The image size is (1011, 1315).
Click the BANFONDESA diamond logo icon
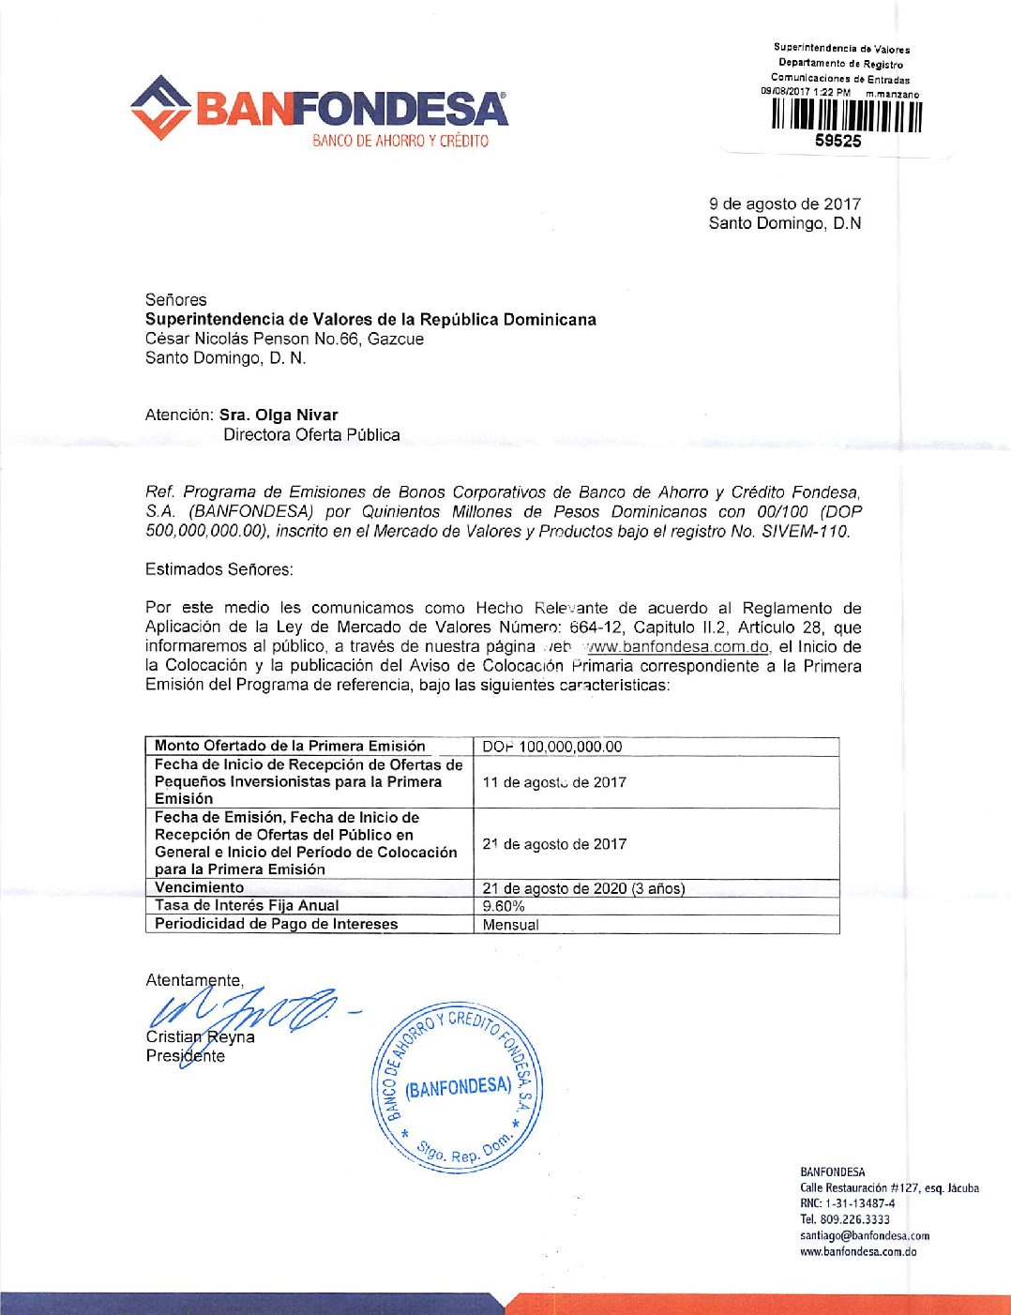(x=161, y=108)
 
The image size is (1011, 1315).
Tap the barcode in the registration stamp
(x=847, y=115)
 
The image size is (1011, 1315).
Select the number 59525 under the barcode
(x=838, y=142)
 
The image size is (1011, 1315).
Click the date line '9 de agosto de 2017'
(x=784, y=204)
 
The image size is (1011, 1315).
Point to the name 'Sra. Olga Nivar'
(x=279, y=415)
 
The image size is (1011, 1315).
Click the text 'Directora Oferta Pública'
(x=311, y=434)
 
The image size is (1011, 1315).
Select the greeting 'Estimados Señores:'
(x=219, y=569)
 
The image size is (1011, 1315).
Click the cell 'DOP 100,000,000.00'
(x=552, y=747)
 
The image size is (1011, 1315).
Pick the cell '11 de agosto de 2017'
(x=554, y=782)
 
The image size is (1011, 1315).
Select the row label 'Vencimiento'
(x=200, y=887)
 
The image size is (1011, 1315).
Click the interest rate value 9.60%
(x=504, y=906)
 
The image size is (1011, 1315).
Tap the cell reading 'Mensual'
(x=510, y=925)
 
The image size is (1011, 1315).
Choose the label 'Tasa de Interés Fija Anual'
(x=247, y=905)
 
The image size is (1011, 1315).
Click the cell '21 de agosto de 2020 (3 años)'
(x=583, y=888)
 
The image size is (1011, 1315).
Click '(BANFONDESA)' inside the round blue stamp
(x=459, y=1088)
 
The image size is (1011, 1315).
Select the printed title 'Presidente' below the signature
(x=186, y=1056)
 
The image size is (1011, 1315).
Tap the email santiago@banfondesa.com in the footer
(x=864, y=1235)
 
